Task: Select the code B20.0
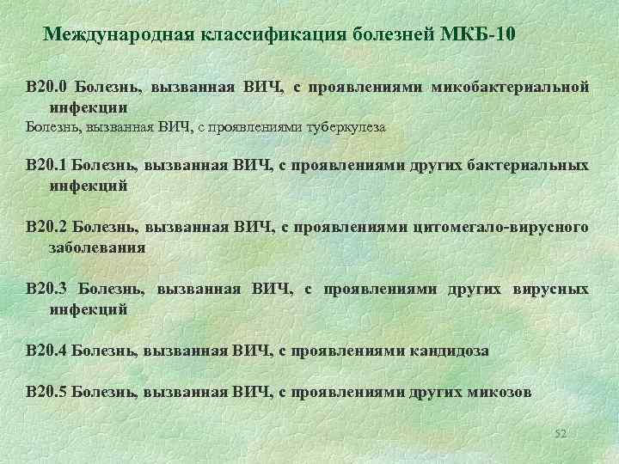[x=46, y=87]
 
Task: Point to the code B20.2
[x=46, y=226]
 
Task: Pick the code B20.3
[x=46, y=289]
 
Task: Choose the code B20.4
[x=46, y=351]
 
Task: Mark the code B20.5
[x=46, y=392]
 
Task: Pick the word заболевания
[x=97, y=247]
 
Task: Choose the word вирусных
[x=552, y=289]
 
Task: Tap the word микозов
[x=499, y=392]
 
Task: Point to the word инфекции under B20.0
[x=89, y=108]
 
